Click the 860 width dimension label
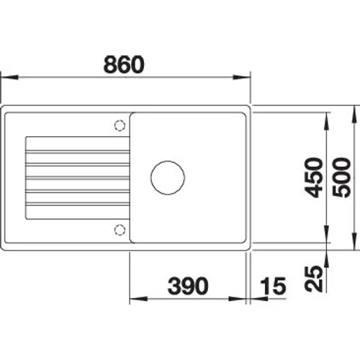(x=124, y=65)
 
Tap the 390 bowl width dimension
(x=188, y=286)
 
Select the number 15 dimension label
(x=274, y=286)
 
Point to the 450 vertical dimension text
(x=313, y=178)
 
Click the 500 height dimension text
(x=341, y=178)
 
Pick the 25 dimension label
(x=313, y=279)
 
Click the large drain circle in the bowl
(x=168, y=178)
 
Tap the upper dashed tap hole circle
(x=120, y=125)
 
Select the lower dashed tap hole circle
(x=120, y=230)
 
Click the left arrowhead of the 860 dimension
(x=9, y=78)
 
